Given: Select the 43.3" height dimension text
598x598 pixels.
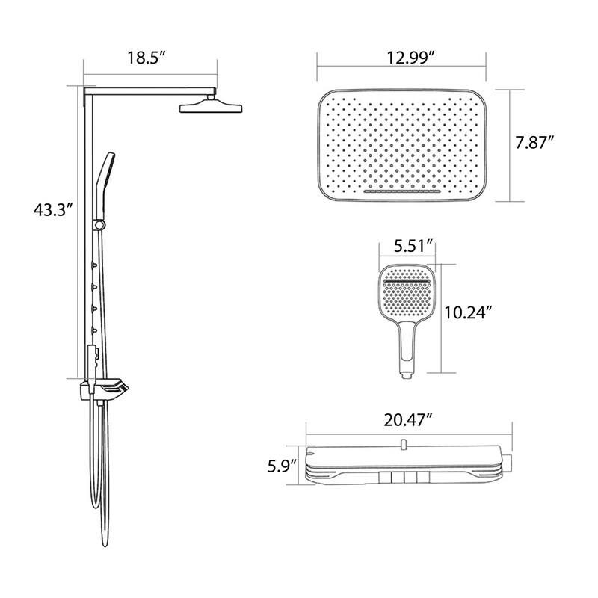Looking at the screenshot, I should click(52, 210).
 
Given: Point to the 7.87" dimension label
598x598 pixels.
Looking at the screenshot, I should click(534, 143).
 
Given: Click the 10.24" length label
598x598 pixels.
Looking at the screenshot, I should click(470, 314).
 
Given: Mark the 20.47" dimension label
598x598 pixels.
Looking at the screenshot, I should click(409, 419).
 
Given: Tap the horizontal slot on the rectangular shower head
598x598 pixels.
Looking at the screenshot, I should click(404, 192).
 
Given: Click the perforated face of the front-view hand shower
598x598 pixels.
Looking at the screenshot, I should click(406, 292).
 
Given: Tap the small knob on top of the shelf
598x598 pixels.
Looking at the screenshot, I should click(402, 446).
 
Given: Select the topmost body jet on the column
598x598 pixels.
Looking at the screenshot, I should click(95, 263).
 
